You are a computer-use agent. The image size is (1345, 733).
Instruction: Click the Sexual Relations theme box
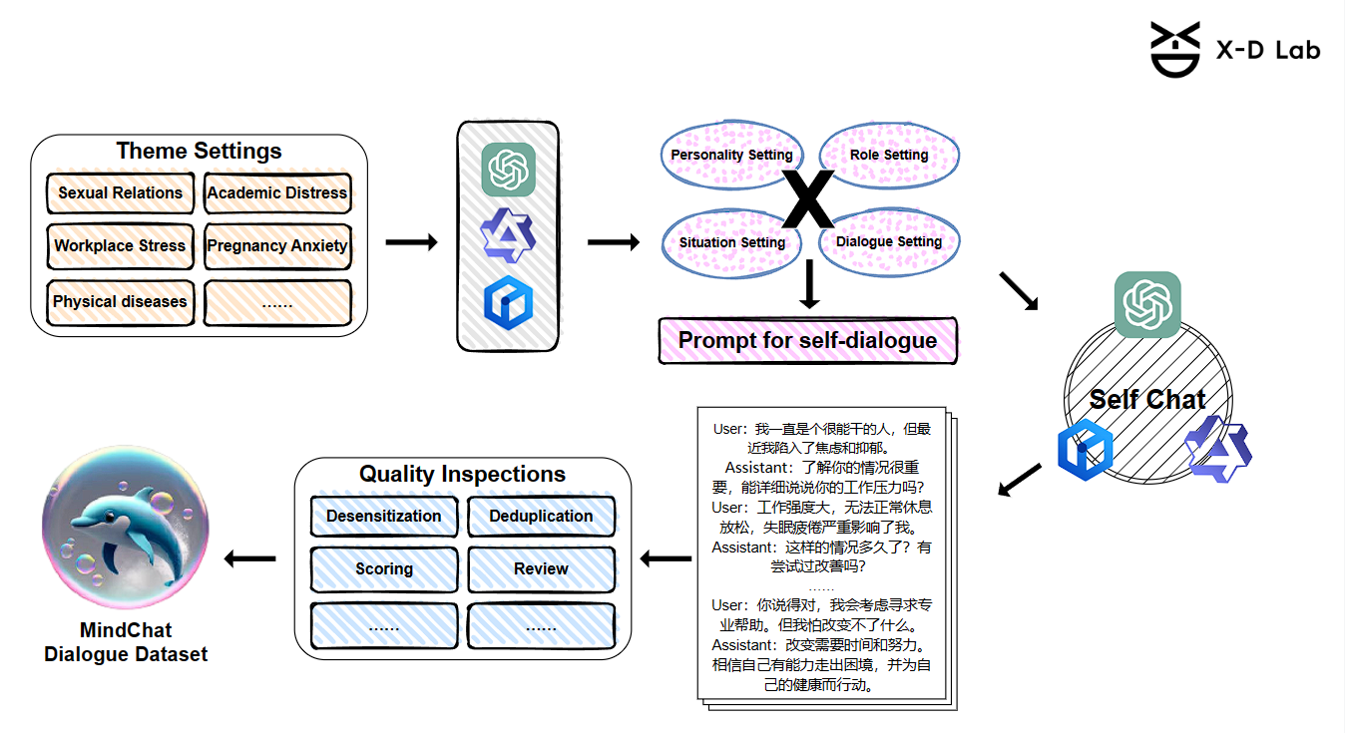point(120,193)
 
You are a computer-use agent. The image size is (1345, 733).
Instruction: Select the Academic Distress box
point(277,193)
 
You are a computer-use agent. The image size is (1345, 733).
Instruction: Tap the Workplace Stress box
point(120,246)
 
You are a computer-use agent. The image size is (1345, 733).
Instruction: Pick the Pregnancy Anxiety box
point(277,246)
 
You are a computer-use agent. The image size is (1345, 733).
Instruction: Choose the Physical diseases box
point(120,302)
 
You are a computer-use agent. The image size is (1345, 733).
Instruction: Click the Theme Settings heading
point(199,152)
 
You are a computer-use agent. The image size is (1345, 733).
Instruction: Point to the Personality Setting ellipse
point(731,155)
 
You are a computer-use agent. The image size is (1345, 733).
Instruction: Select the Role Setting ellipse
point(889,155)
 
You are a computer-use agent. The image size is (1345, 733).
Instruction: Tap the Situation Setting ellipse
point(731,242)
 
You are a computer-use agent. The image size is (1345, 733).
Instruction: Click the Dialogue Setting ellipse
point(889,242)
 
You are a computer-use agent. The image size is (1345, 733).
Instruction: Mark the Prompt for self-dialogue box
point(807,341)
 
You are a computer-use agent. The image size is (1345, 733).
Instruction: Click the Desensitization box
point(384,517)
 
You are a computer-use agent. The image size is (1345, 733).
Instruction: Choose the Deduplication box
point(541,517)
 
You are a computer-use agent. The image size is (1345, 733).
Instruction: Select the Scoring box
point(384,569)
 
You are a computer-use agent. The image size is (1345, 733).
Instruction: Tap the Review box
point(541,569)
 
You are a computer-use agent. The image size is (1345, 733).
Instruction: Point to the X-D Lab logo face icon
point(1174,50)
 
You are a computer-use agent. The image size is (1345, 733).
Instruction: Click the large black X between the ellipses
point(807,199)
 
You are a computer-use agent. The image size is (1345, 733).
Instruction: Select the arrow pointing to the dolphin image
point(249,559)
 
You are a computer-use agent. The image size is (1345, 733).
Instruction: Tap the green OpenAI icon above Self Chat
point(1147,304)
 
